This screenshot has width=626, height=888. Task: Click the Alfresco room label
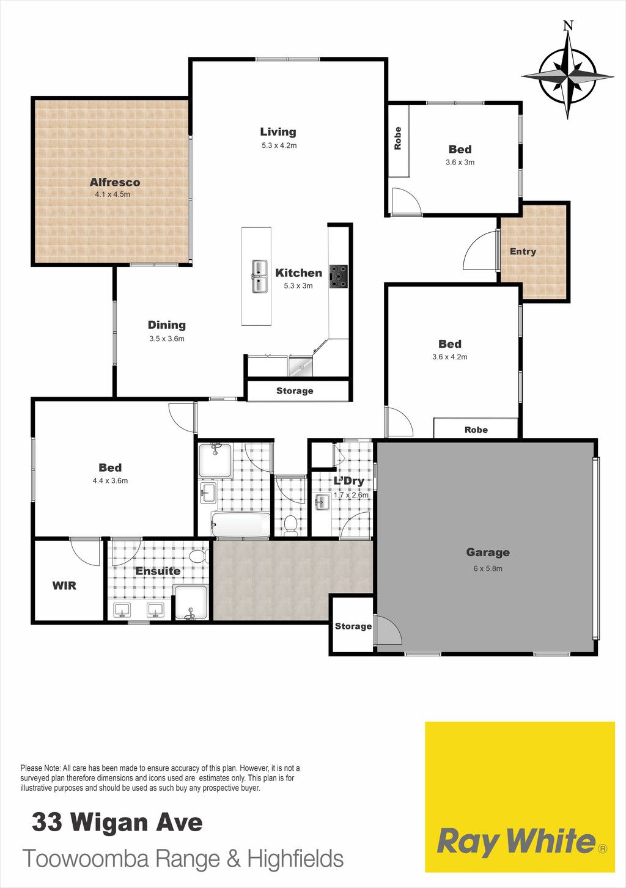tap(115, 182)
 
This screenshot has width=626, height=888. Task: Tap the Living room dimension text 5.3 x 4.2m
tap(279, 145)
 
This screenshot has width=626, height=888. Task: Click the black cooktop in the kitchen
tap(338, 276)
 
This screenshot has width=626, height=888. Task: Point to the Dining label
tap(166, 325)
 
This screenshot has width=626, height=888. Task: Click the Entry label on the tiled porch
tap(523, 251)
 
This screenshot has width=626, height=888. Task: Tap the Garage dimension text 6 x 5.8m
tap(488, 568)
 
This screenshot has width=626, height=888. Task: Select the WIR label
tap(64, 585)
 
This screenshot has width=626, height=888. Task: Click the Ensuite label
tap(158, 571)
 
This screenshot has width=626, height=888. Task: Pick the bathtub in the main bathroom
tap(241, 524)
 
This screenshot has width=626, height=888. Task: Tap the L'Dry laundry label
tap(349, 481)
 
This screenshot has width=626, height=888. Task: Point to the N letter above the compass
tap(569, 26)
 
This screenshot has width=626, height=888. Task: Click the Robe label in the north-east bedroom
tap(397, 138)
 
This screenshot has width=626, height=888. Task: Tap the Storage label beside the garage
tap(353, 626)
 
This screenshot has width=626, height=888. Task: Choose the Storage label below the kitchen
tap(295, 391)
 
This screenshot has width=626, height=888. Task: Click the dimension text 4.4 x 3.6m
tap(110, 481)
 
